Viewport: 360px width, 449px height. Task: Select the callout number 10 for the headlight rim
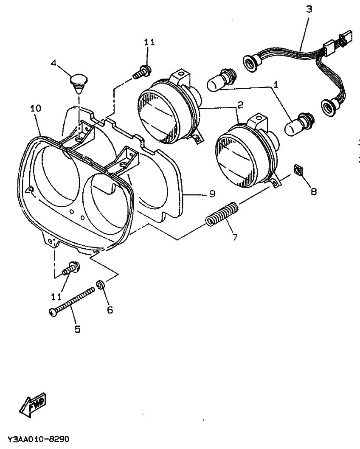[36, 109]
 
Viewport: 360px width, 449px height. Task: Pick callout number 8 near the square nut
[313, 191]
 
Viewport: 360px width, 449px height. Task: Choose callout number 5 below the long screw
[77, 329]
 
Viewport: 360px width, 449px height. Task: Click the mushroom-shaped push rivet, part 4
[79, 82]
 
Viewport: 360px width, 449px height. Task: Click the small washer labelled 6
[101, 283]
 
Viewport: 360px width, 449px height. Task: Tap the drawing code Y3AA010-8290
[38, 438]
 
